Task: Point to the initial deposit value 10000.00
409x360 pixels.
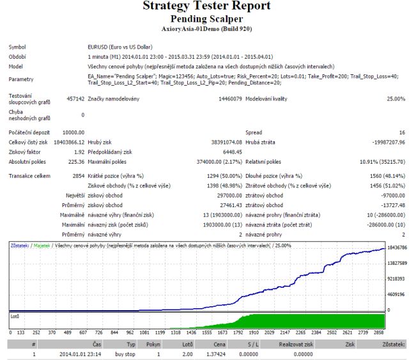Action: (73, 131)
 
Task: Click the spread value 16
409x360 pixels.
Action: (401, 131)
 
